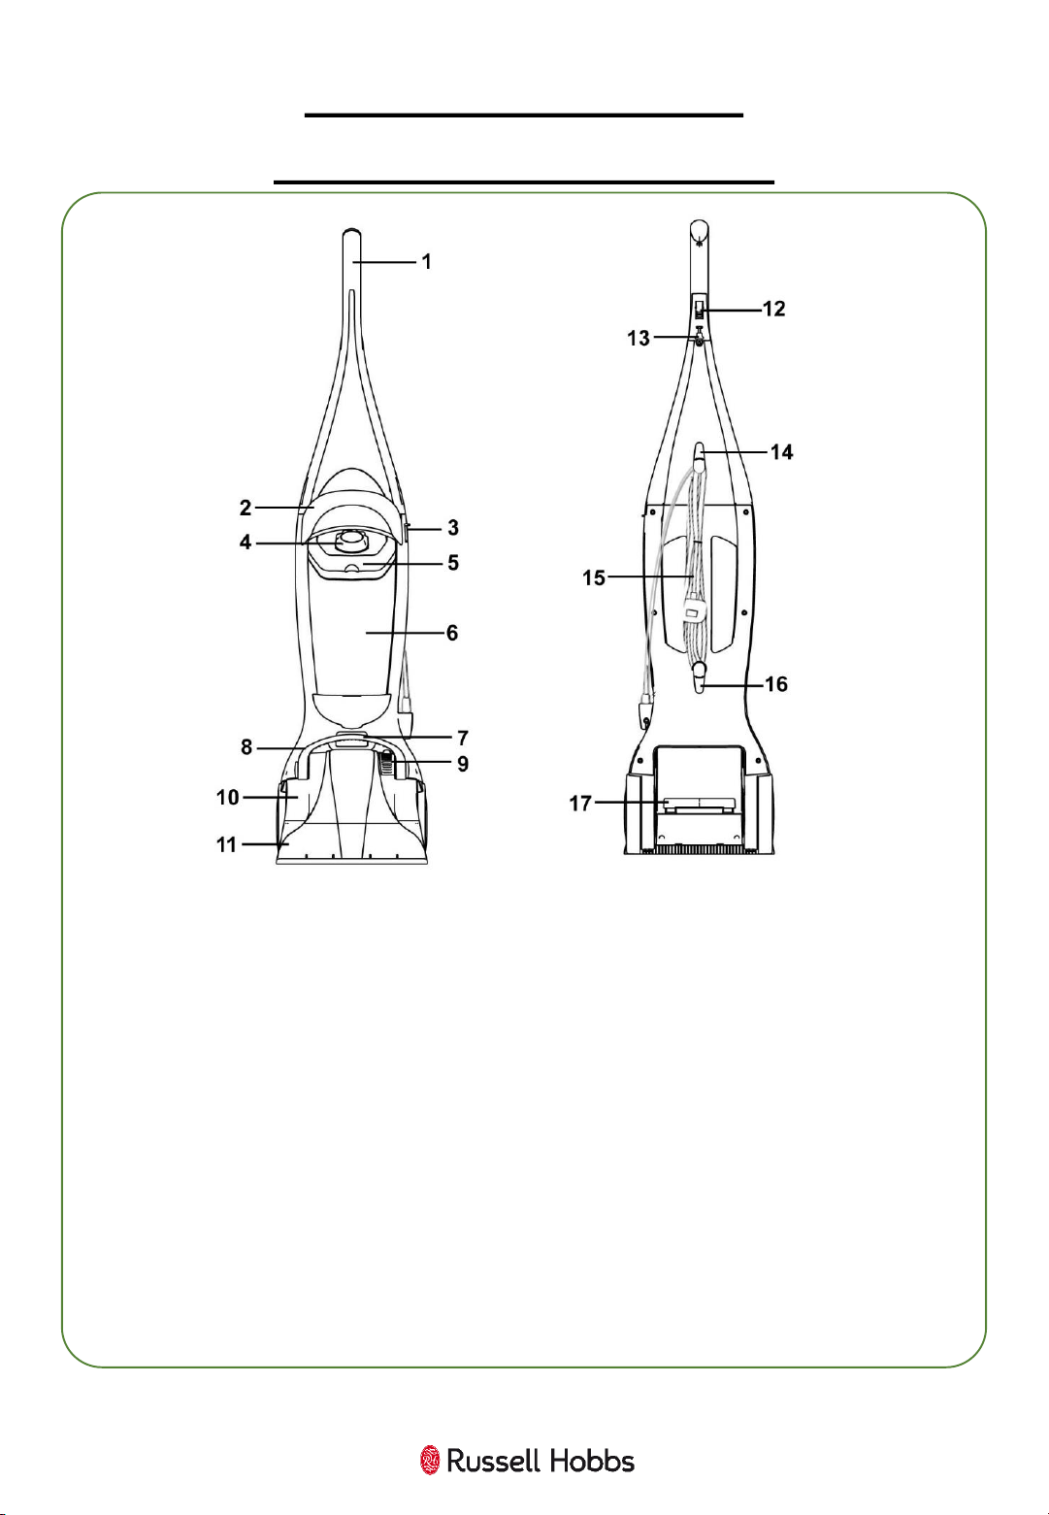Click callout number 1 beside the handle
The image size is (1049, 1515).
pos(426,261)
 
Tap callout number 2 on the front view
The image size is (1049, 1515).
pos(246,508)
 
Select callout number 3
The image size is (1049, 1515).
pos(453,528)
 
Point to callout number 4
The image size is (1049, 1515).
pos(246,543)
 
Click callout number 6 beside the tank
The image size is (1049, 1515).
pos(452,633)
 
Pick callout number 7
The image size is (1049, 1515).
pos(463,738)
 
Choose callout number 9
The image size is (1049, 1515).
pos(463,764)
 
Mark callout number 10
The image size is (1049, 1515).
pos(228,798)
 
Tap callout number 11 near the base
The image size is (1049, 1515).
pos(226,844)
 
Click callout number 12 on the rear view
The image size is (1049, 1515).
pos(774,309)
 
